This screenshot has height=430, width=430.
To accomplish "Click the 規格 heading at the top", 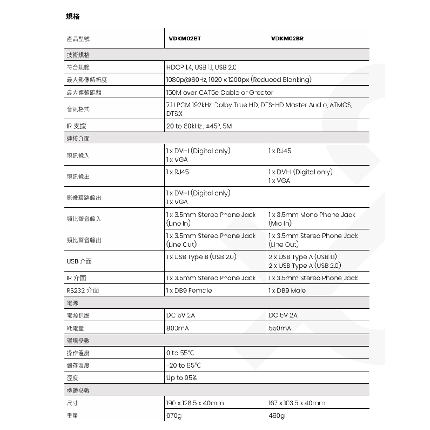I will pos(73,16).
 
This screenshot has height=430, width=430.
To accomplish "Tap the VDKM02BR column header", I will pos(287,39).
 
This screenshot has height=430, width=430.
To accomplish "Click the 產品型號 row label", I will pos(78,39).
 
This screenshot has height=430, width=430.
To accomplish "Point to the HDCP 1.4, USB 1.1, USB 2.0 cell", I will pos(201,68).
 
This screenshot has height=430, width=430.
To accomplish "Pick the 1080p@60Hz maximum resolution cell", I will pos(239,80).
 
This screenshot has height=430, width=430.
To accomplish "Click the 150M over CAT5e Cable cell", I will pos(220,92).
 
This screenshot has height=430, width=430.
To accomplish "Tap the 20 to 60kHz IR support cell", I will pos(199,126).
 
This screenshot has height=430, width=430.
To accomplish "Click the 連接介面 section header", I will pos(78,138).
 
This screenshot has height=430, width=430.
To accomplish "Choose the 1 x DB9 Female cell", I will pos(189,291).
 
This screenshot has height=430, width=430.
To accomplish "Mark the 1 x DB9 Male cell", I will pos(287,291).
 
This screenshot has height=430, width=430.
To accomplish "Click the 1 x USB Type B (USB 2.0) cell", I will pos(201,257).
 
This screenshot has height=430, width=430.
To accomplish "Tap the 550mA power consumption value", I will pos(279,328).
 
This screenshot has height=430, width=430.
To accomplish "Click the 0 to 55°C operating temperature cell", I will pos(180,353).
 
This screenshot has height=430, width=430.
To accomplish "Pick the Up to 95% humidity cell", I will pos(181,378).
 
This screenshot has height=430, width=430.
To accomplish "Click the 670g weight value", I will pos(174,416).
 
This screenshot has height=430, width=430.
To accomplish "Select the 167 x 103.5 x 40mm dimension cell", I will pos(297,403).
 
